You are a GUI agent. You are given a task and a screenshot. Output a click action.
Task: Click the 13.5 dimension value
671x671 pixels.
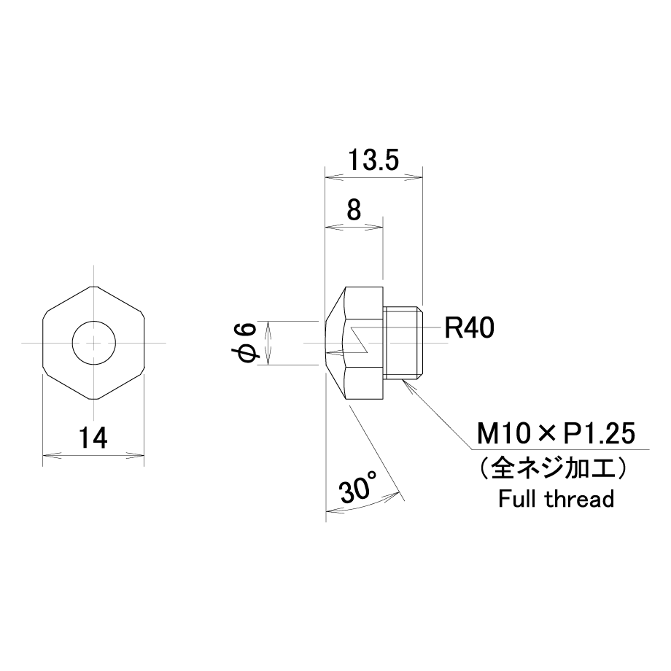[x=373, y=160]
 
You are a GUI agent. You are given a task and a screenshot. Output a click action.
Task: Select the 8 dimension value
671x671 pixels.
[x=354, y=210]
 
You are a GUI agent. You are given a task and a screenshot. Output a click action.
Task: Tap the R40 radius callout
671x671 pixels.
[x=470, y=327]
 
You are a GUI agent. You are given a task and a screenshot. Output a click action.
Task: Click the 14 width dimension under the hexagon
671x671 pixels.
[x=93, y=438]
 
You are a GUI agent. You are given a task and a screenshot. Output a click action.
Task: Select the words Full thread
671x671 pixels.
[x=556, y=499]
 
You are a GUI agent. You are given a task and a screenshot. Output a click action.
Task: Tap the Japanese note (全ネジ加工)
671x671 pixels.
[x=555, y=468]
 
